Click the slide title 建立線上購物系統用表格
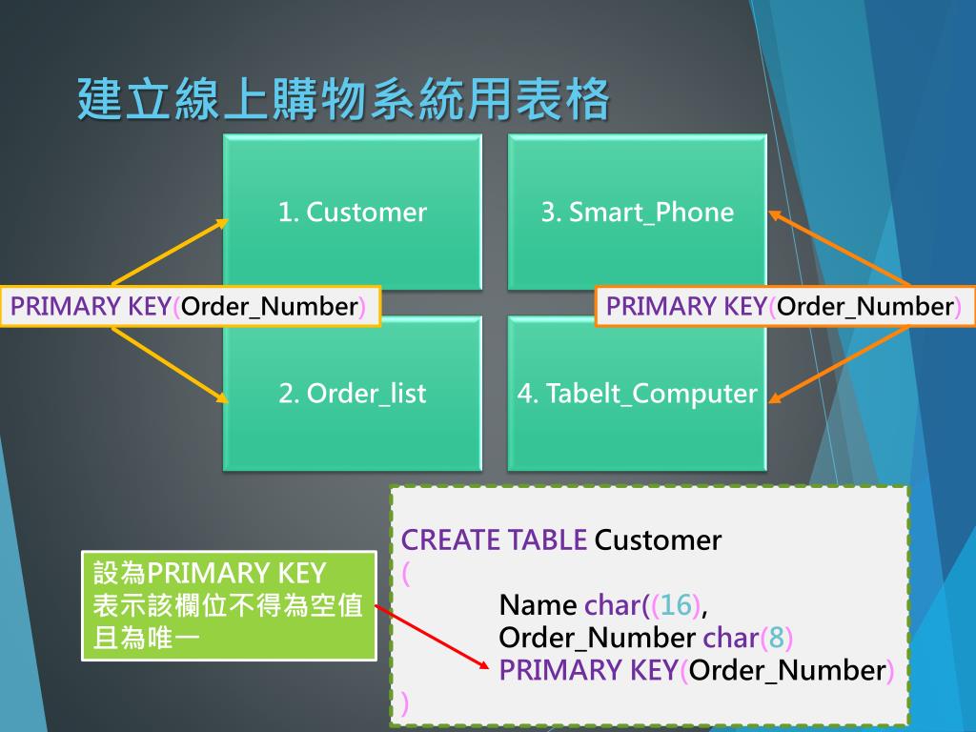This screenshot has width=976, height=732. click(343, 100)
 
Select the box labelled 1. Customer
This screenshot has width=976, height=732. click(353, 212)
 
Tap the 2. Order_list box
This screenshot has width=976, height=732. click(353, 393)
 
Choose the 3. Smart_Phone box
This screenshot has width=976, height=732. click(637, 212)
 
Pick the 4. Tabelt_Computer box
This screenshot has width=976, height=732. click(637, 393)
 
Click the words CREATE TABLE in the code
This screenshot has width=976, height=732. click(494, 540)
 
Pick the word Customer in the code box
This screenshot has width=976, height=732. click(658, 540)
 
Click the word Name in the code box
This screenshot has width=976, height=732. click(538, 605)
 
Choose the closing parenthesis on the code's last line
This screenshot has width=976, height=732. click(405, 703)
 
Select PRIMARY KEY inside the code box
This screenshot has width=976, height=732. click(588, 670)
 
